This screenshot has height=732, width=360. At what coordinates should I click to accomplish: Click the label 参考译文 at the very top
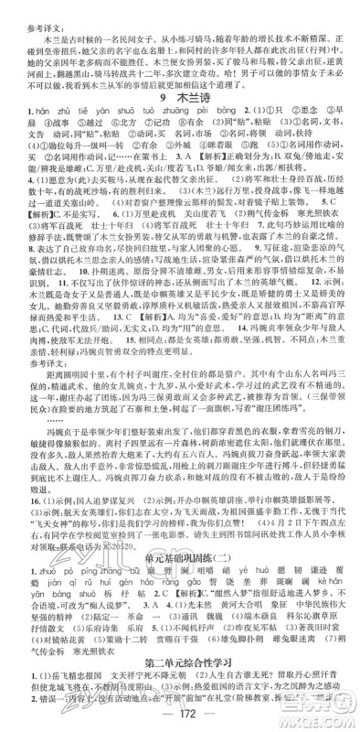point(27,6)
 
